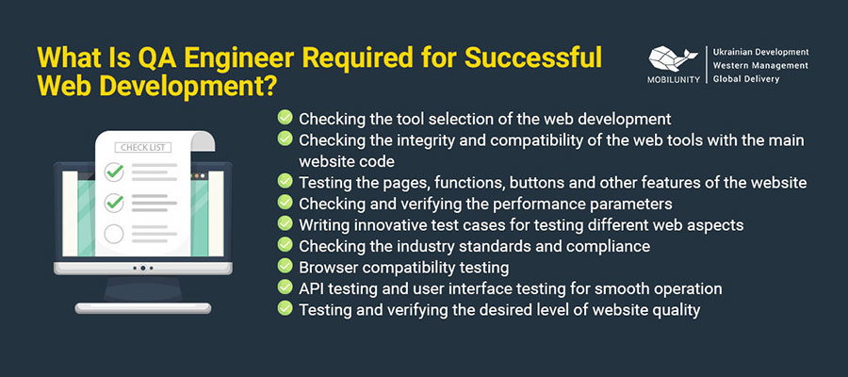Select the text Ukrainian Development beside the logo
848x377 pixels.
point(761,52)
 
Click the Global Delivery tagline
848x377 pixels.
point(746,79)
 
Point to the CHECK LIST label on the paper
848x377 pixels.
point(143,148)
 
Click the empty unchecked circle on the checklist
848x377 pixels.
point(114,234)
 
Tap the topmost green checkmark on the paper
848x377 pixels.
point(114,172)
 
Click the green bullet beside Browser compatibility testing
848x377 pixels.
point(285,266)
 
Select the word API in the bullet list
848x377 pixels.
point(310,288)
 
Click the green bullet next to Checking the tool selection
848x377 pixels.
point(285,117)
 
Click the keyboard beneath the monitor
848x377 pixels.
point(143,308)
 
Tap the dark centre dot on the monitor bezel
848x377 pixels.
point(143,268)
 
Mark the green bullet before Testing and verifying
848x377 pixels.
point(285,308)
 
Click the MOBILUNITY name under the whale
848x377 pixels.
point(674,79)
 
